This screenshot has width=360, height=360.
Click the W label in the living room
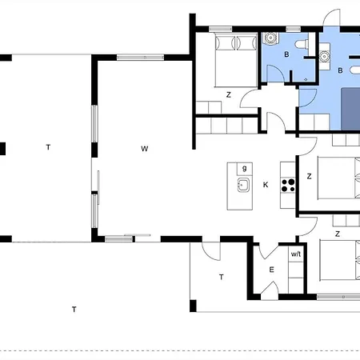coord(144,149)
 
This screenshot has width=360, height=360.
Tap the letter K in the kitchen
coord(266,185)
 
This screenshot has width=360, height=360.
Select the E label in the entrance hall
coord(271,270)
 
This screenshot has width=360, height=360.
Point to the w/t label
coord(296,254)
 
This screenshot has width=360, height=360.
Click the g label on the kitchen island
coord(244,168)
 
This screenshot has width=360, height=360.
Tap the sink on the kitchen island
coord(243,185)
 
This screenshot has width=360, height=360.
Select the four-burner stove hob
coord(288,186)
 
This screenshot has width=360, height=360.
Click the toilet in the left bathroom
coord(302,44)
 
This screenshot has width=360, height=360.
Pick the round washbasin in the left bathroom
coord(270,38)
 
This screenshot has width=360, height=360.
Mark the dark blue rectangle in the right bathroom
coord(350,110)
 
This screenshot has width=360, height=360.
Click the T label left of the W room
coord(48,147)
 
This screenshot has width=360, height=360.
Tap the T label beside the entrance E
coord(222,278)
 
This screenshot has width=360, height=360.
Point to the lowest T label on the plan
coord(74,310)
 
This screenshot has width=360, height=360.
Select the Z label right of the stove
coord(310,176)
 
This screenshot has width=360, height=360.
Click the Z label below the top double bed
coord(229,94)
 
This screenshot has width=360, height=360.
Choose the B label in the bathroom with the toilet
coord(286,54)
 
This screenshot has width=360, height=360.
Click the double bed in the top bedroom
coord(236,61)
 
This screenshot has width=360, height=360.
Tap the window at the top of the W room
coord(140,58)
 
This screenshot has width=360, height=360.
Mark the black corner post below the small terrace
coord(193,306)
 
